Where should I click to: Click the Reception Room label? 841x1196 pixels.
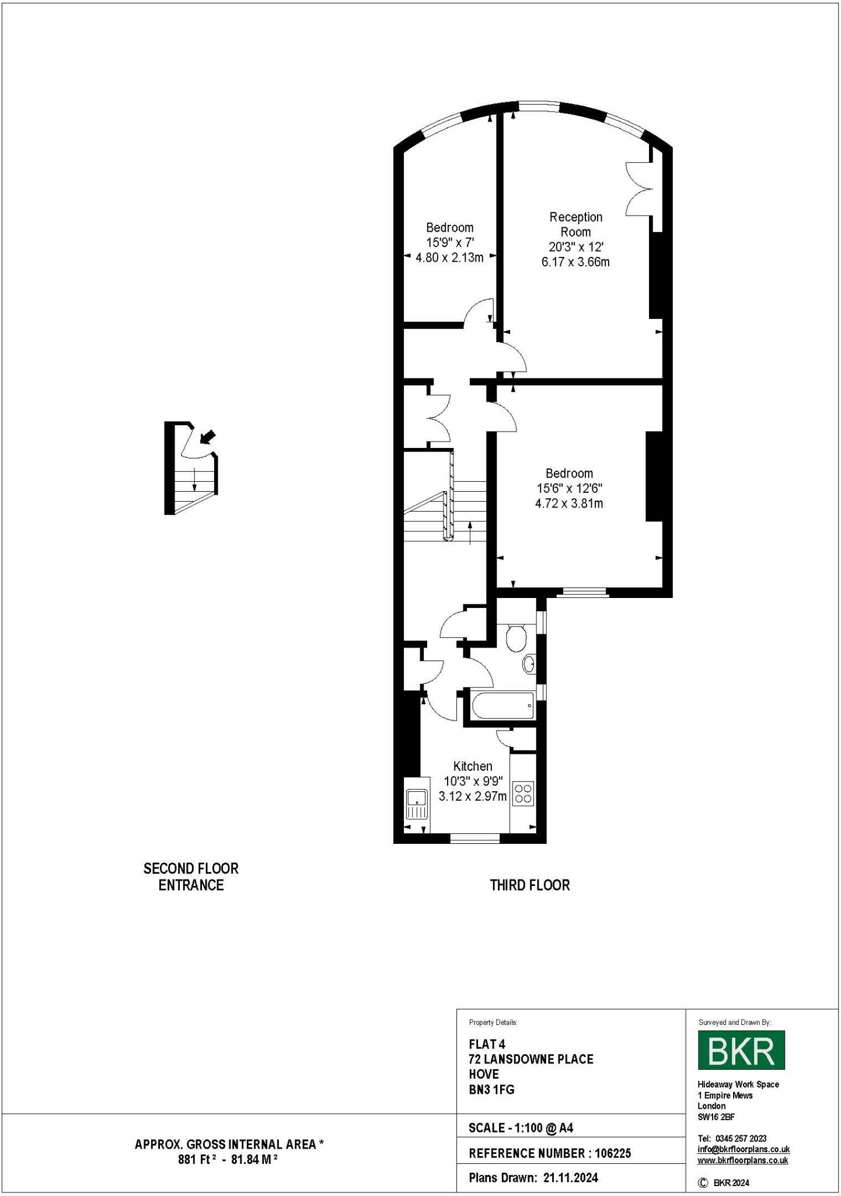coord(575,224)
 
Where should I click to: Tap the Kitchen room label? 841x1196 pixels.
coord(473,766)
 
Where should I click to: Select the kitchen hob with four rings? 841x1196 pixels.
coord(522,794)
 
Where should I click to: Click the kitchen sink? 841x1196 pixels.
coord(417,804)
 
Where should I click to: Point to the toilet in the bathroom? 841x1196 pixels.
coord(516,638)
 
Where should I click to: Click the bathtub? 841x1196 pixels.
coord(502,705)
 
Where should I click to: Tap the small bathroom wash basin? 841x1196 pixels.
coord(529,664)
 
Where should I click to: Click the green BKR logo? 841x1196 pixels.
coord(741,1049)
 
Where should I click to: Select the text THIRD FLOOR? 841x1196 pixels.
coord(529,885)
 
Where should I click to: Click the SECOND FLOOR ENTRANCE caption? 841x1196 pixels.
coord(191,877)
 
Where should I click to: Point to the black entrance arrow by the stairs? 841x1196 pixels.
coord(207,437)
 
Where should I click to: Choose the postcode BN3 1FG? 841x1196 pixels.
coord(491,1089)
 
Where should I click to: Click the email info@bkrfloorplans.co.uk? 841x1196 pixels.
coord(744,1149)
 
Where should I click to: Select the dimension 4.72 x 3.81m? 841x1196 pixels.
coord(569,503)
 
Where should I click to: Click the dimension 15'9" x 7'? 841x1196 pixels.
coord(449,242)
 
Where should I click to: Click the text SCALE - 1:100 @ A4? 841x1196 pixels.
coord(521,1128)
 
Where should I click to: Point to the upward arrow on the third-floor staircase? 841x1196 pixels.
coord(470,532)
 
